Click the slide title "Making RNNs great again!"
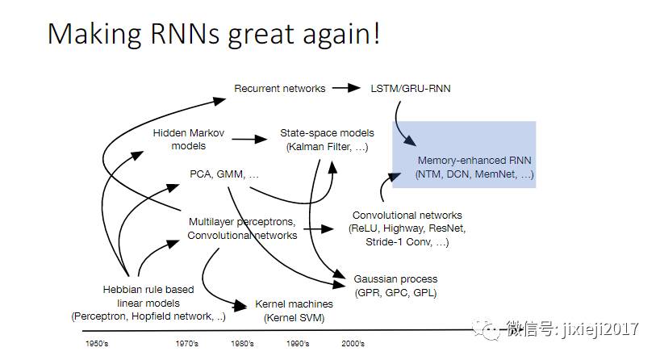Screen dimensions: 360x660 click(213, 33)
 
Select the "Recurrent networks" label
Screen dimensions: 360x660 click(280, 88)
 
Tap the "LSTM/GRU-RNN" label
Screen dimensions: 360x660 click(410, 88)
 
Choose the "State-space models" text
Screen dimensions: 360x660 click(327, 132)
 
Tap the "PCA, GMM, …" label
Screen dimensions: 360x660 click(224, 174)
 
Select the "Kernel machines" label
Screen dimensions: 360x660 click(294, 303)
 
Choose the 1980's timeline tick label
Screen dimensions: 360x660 click(242, 344)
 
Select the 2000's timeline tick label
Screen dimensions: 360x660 click(352, 344)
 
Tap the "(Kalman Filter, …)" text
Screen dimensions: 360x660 click(327, 146)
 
